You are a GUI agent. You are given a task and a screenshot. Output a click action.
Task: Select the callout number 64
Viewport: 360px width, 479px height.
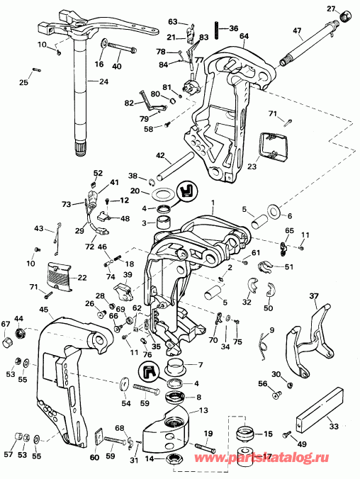point(244,36)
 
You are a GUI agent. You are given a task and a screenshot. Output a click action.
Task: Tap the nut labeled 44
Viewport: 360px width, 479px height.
point(19,332)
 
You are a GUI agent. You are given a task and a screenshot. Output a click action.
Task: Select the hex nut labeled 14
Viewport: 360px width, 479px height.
point(176,459)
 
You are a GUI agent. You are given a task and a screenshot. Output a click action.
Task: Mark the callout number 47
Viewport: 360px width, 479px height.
point(297,32)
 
